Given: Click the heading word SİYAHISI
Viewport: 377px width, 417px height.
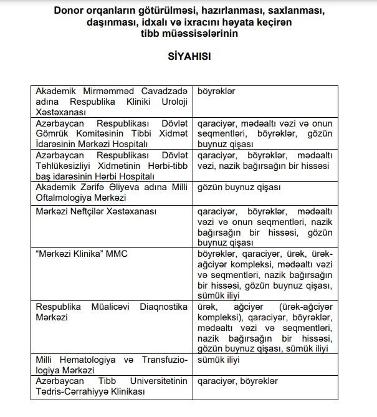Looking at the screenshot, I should coord(189,56).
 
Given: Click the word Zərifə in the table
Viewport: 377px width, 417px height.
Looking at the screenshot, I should coord(95,187).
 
